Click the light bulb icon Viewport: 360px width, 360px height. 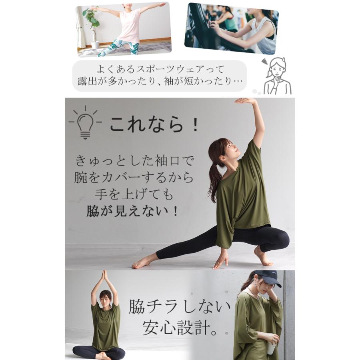(84, 122)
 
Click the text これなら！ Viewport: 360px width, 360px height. (154, 124)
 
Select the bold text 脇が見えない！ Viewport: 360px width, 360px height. (132, 211)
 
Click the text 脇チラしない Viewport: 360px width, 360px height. (180, 307)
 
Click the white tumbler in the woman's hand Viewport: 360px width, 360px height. (272, 347)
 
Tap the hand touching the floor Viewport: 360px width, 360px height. (221, 262)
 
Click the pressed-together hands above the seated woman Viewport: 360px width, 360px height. (104, 275)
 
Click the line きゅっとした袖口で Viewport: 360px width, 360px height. (134, 161)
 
